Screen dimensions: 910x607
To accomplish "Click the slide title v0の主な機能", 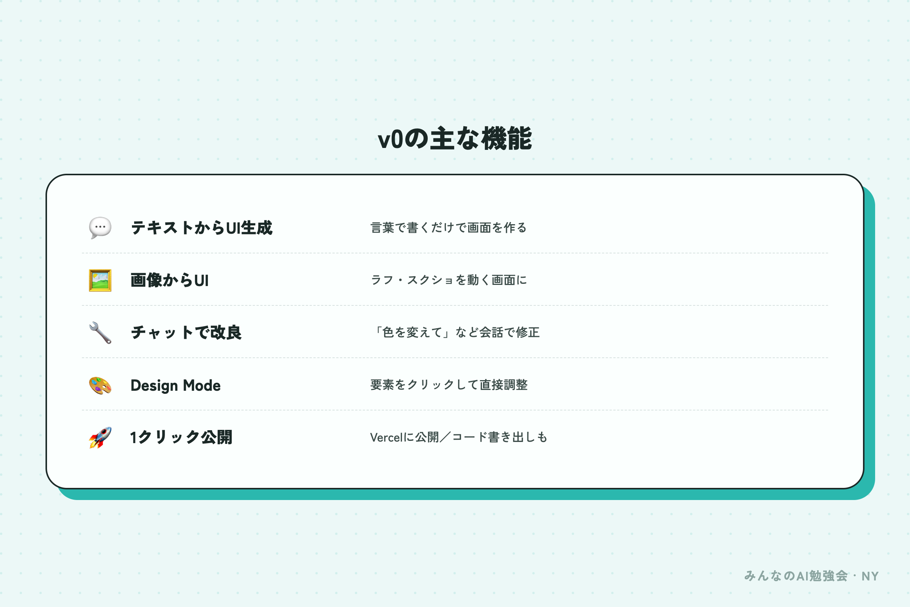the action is pyautogui.click(x=455, y=138).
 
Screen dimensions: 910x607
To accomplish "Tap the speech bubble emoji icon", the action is pyautogui.click(x=100, y=228).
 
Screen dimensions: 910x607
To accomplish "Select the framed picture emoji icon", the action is pyautogui.click(x=100, y=280).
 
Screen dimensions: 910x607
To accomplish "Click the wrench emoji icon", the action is pyautogui.click(x=100, y=333).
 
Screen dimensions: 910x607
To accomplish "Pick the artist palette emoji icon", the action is pyautogui.click(x=100, y=385).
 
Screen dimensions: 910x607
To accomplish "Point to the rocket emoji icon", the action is pyautogui.click(x=100, y=437).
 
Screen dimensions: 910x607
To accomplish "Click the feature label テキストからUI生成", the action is pyautogui.click(x=202, y=228).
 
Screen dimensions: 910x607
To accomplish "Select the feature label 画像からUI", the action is pyautogui.click(x=169, y=280).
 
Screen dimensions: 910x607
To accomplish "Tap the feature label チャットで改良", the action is pyautogui.click(x=186, y=333).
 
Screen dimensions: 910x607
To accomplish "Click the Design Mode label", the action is pyautogui.click(x=176, y=385).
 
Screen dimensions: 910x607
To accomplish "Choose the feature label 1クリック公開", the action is pyautogui.click(x=181, y=437).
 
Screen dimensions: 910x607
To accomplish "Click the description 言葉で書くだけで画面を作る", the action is pyautogui.click(x=449, y=228).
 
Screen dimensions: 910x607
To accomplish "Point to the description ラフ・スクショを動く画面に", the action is pyautogui.click(x=449, y=280).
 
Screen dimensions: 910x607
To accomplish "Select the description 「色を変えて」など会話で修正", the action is pyautogui.click(x=455, y=332).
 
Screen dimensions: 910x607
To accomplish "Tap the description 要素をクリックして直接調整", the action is pyautogui.click(x=449, y=385).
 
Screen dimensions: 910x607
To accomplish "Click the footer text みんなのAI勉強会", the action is pyautogui.click(x=796, y=576).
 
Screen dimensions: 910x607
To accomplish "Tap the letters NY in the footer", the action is pyautogui.click(x=870, y=576).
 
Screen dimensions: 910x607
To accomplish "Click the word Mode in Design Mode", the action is pyautogui.click(x=202, y=385).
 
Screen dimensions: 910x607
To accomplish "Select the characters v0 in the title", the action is pyautogui.click(x=391, y=139).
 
